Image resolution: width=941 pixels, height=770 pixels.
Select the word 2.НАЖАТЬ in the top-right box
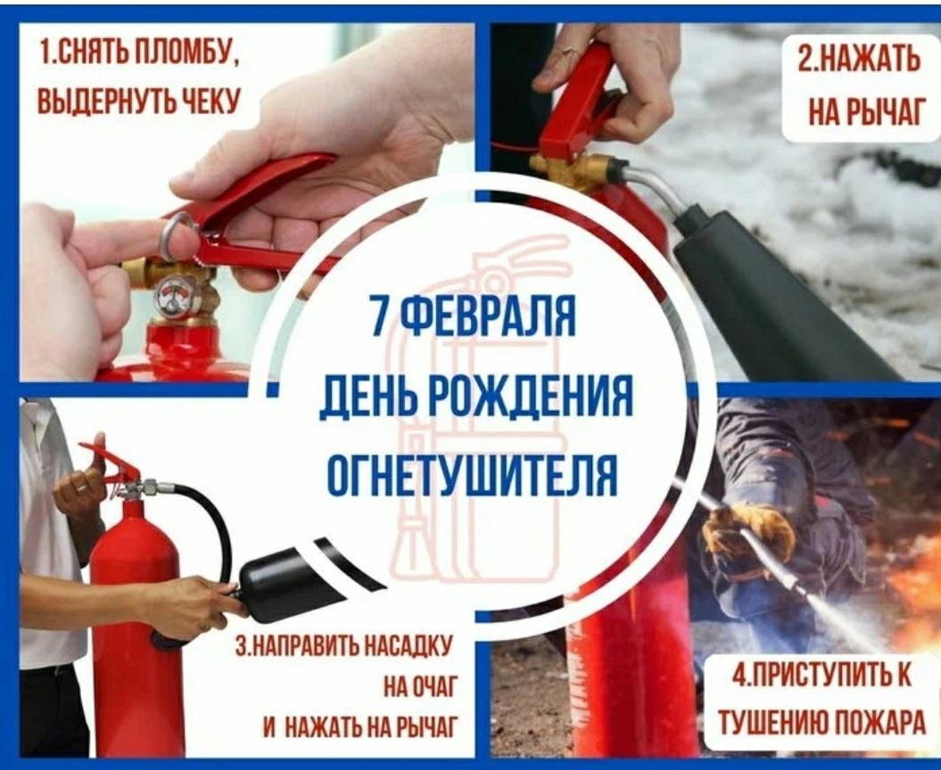pyautogui.click(x=859, y=60)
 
